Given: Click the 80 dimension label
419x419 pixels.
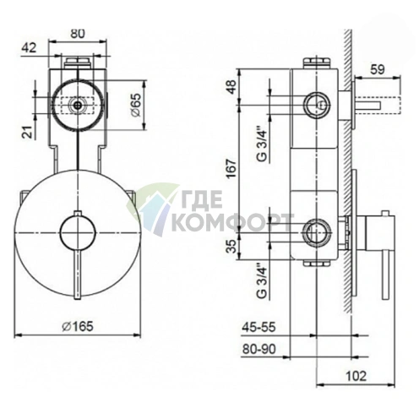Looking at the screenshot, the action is coord(78,34).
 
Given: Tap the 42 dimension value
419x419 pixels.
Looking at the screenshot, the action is coord(30,48).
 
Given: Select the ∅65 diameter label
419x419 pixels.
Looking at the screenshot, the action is coord(135,105).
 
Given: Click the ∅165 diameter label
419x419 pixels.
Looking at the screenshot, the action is coord(78,326).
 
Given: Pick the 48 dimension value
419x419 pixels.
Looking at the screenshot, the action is coord(231,87).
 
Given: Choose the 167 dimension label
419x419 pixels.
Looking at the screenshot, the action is coord(231,168).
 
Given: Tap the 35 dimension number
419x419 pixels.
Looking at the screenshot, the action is coord(231,246).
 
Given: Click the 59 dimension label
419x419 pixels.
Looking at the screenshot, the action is coord(378,69).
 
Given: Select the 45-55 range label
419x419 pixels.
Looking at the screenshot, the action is coord(258,328).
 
